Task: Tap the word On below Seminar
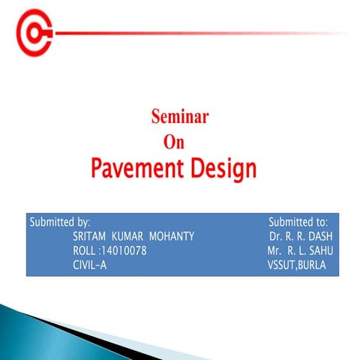click(174, 140)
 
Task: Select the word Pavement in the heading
click(132, 168)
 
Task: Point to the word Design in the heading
click(217, 168)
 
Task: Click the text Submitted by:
click(60, 223)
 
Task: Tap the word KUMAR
click(128, 237)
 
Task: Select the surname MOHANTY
click(173, 237)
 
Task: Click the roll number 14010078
click(121, 250)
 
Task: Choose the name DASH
click(319, 237)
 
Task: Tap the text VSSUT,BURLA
click(297, 264)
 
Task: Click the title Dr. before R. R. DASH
click(275, 237)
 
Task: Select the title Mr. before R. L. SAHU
click(274, 250)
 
